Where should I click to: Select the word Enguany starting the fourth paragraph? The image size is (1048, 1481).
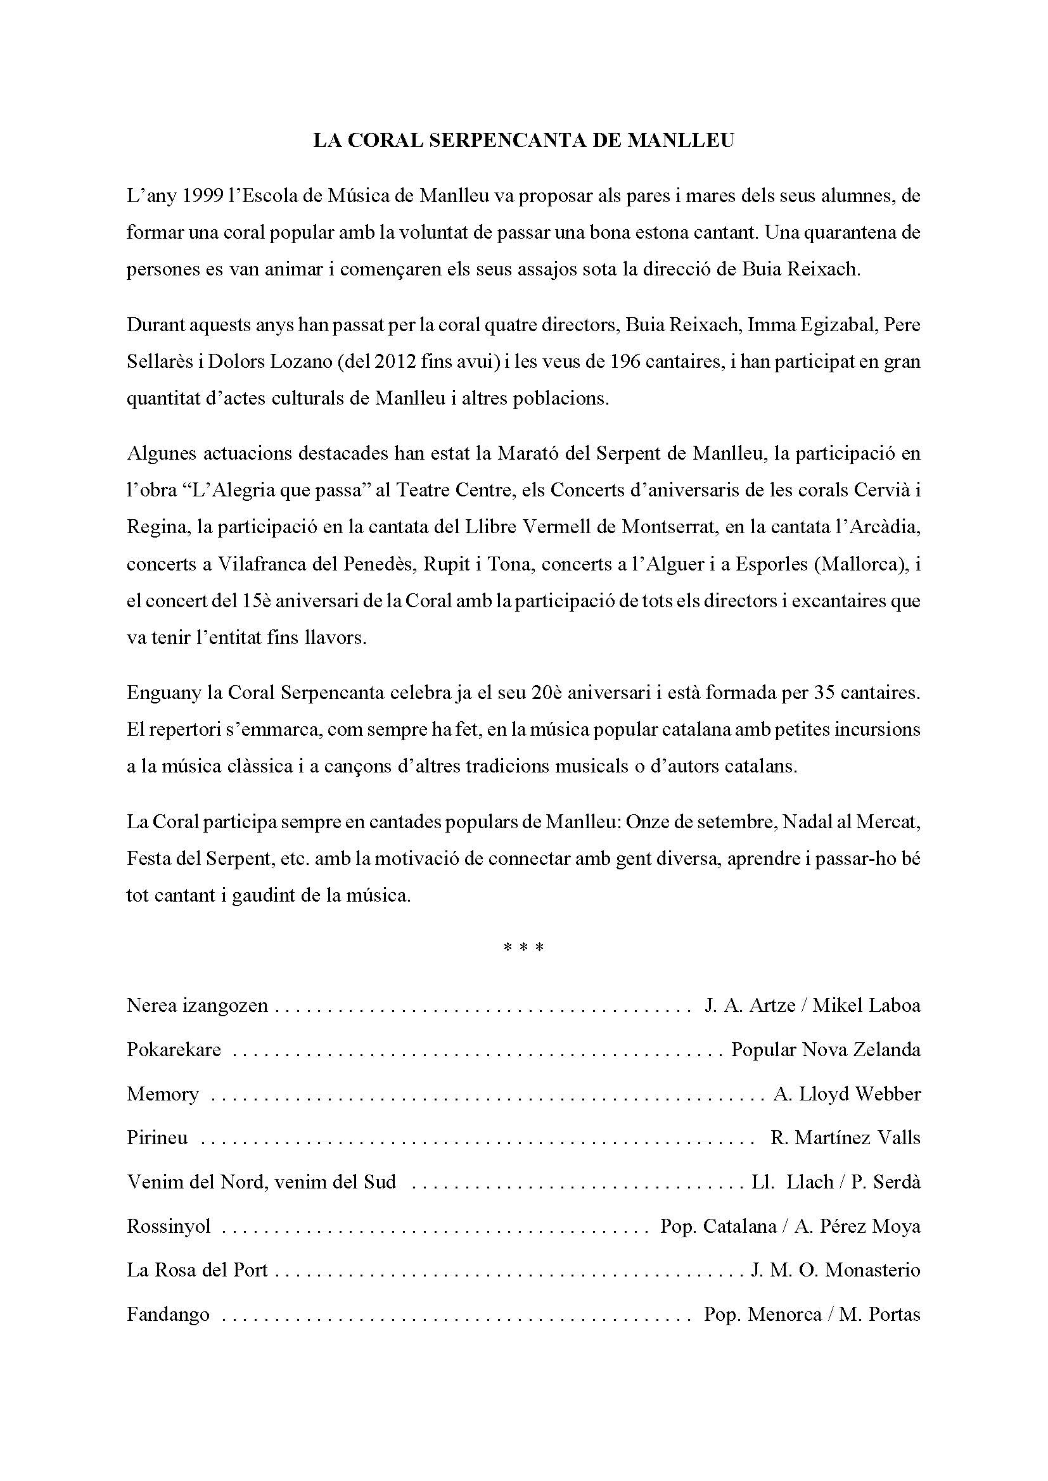(165, 693)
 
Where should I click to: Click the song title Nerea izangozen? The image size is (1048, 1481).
(197, 1005)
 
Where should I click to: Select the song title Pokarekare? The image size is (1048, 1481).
(174, 1049)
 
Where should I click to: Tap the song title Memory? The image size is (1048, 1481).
(163, 1094)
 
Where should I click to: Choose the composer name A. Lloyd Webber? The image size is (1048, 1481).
(847, 1094)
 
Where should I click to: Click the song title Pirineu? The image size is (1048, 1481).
(158, 1138)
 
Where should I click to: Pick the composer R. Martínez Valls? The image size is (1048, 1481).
(845, 1138)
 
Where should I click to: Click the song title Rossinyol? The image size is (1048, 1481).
(169, 1226)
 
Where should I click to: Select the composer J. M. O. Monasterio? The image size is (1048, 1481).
(836, 1270)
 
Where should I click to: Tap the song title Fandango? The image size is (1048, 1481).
(168, 1314)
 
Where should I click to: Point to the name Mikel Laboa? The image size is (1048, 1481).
(866, 1005)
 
